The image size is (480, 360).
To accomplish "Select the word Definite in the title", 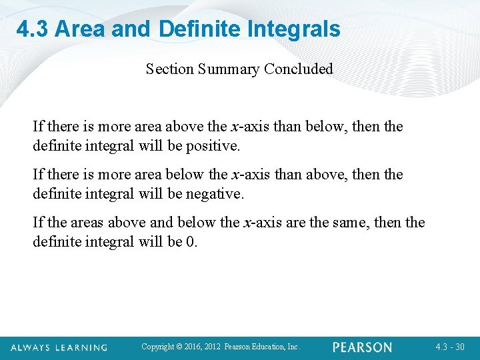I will click(201, 29).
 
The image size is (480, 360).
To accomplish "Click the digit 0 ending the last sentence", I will click(191, 241).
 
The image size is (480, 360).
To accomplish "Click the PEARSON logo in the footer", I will click(363, 347).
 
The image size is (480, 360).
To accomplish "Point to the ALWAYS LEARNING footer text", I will click(59, 347).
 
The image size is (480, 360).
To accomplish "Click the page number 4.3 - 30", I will click(449, 347).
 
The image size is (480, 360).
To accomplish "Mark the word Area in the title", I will click(78, 29).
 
